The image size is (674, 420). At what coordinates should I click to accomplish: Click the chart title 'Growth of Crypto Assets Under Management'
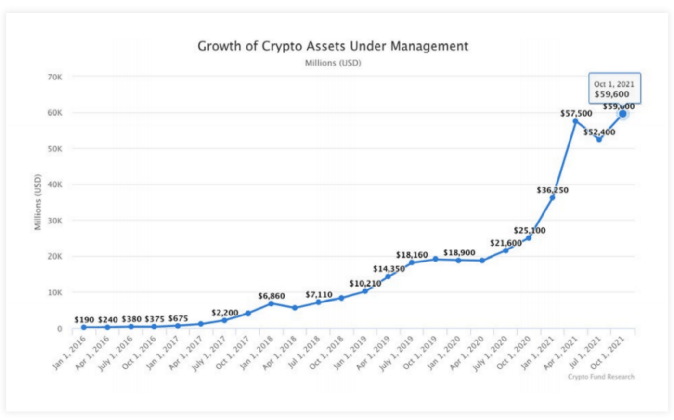point(333,46)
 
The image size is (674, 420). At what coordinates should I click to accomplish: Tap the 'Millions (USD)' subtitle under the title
point(333,63)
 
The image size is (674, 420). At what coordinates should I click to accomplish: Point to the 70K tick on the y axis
point(55,77)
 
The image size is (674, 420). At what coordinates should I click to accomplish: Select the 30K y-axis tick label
point(55,221)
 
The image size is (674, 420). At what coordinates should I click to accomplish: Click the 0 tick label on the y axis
point(60,328)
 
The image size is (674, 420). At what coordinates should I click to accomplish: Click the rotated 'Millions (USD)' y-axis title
point(38,202)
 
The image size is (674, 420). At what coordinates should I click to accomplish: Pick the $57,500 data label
point(576,114)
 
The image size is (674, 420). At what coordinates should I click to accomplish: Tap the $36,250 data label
point(552,190)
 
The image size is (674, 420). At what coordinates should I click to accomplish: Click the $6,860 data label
point(271,296)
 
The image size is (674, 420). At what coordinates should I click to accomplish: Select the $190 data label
point(84,320)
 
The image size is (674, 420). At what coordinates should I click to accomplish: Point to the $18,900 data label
point(459,253)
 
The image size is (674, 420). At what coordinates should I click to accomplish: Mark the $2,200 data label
point(225,313)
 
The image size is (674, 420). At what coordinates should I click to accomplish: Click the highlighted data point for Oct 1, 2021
point(622,114)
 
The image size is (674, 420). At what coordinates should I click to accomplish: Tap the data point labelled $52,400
point(599,139)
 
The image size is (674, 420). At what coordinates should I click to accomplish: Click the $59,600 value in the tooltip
point(611,94)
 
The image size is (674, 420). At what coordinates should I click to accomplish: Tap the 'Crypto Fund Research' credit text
point(601,377)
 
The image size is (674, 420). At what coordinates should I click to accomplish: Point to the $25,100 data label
point(529,231)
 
